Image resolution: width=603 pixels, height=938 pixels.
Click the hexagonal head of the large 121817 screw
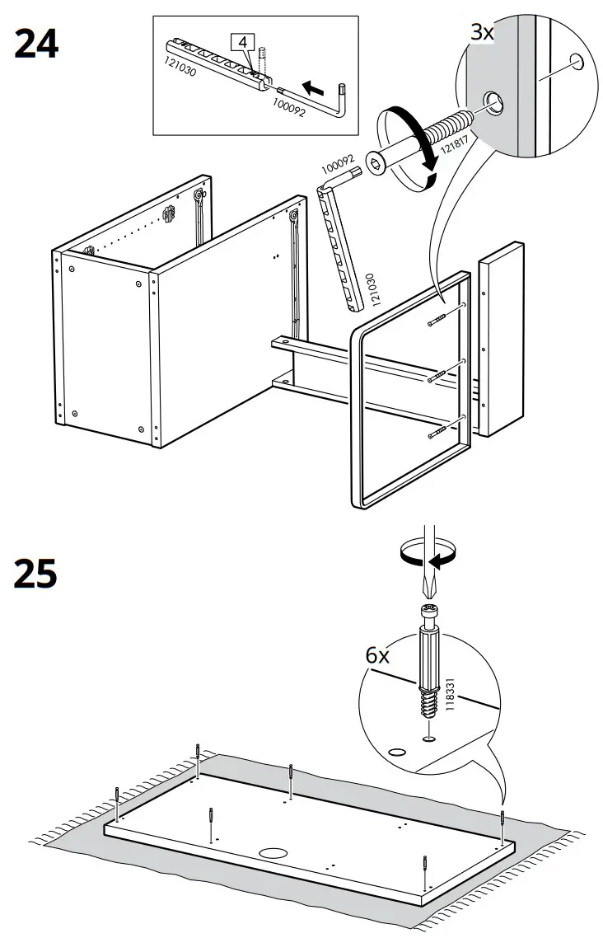coord(376,167)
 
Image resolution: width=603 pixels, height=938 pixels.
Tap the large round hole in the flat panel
coord(270,853)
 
